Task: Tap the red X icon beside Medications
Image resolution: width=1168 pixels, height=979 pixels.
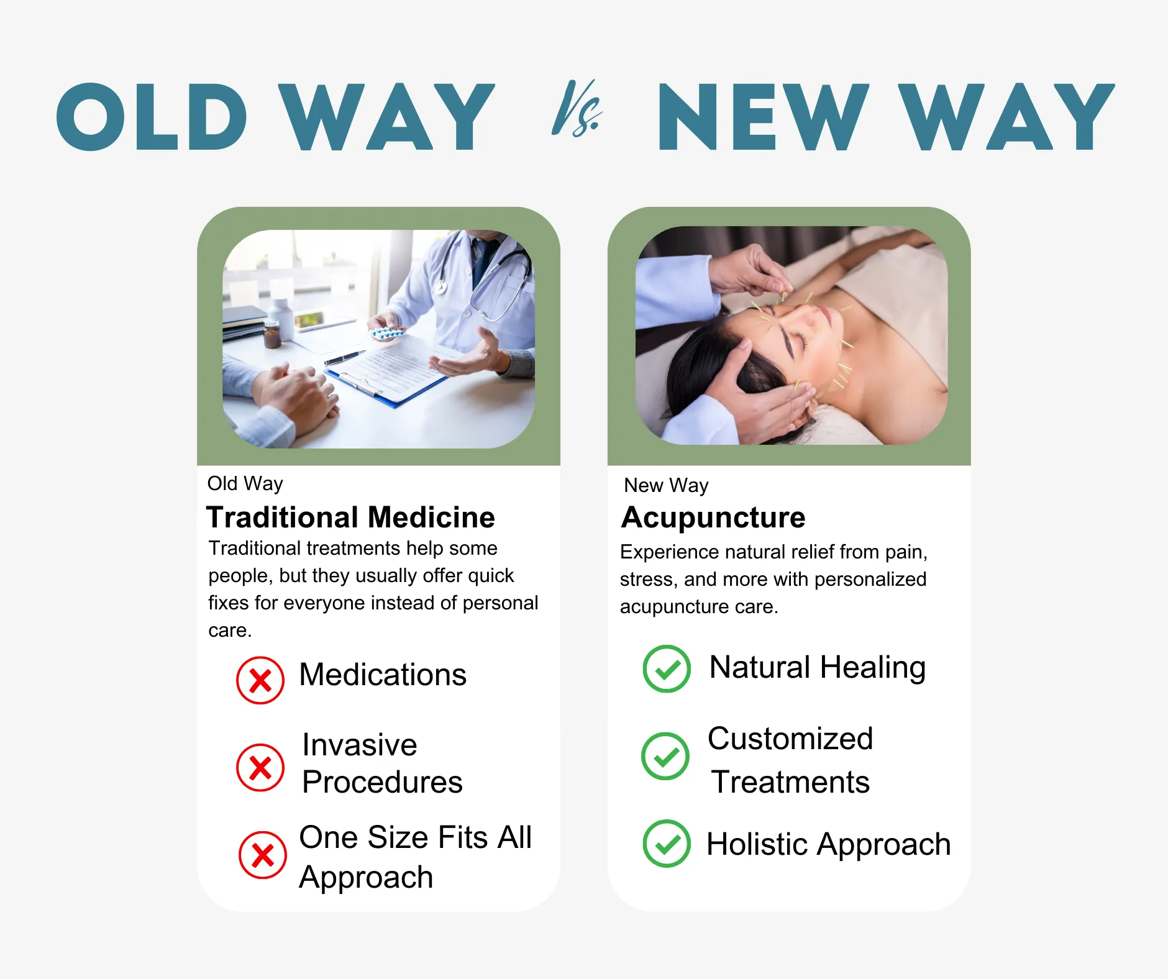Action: [x=260, y=680]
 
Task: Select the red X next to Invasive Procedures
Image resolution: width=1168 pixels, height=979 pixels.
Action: [x=260, y=767]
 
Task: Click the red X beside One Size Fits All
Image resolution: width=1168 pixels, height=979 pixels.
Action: [x=263, y=855]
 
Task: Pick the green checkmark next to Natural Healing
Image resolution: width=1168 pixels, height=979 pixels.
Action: [x=667, y=669]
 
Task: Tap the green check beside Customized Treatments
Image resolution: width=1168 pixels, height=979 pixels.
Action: [x=665, y=756]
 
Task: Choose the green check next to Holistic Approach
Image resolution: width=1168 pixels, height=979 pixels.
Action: [x=667, y=844]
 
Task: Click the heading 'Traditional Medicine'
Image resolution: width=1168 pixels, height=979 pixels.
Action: [x=350, y=517]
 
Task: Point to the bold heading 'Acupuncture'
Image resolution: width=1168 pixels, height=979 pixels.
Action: [x=713, y=517]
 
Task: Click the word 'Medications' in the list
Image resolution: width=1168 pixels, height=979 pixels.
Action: [x=383, y=675]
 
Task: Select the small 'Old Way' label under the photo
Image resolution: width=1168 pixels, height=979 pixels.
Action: [x=245, y=483]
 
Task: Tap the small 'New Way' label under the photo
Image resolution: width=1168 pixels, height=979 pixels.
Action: [x=666, y=485]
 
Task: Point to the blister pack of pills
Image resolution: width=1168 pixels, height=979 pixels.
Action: [x=387, y=334]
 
